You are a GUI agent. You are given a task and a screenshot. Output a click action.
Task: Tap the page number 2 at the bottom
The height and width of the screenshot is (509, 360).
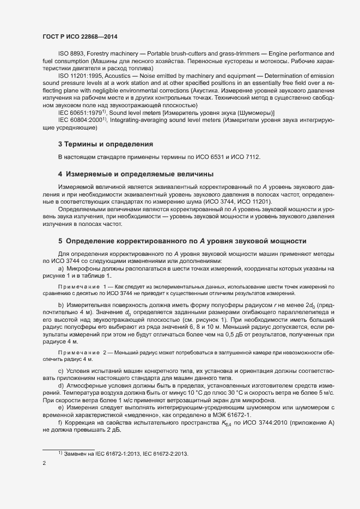(x=44, y=463)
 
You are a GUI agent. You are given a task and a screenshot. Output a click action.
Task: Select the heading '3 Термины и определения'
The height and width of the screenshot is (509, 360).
(x=105, y=144)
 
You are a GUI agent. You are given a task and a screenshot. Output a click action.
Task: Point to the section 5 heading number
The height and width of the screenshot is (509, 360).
(x=60, y=241)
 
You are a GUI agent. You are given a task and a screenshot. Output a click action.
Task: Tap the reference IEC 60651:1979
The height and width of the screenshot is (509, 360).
(x=79, y=112)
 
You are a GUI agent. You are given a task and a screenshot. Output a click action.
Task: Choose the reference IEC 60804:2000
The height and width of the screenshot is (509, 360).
(x=79, y=120)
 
